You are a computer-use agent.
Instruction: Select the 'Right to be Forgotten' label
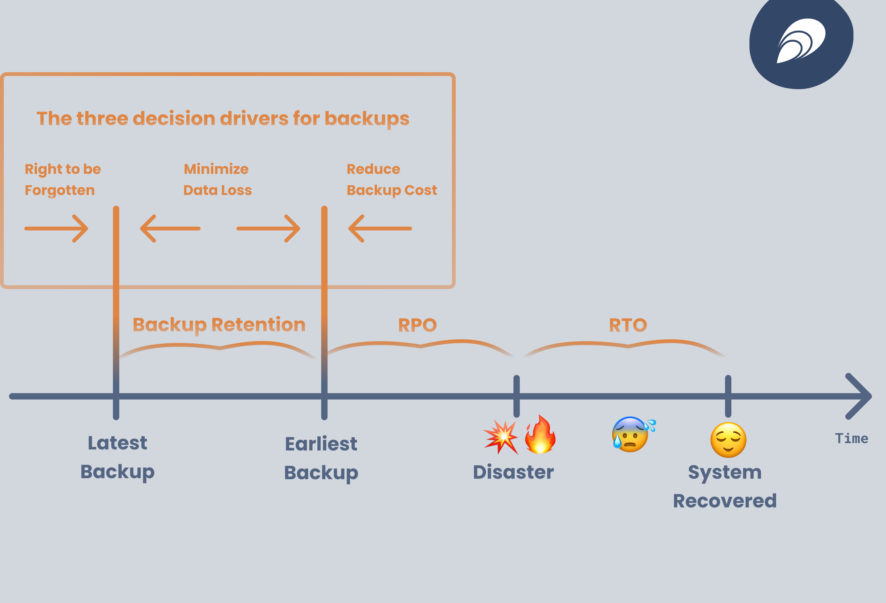pos(63,179)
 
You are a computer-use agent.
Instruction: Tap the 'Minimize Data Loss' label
pos(217,179)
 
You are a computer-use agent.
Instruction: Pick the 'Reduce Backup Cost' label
pos(392,179)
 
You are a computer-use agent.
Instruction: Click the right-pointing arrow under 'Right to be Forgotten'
pos(56,228)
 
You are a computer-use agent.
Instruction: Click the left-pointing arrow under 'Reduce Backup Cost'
pos(380,228)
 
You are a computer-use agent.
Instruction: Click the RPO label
pos(418,325)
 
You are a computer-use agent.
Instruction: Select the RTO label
pos(628,325)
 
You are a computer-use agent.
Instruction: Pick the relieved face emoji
pos(728,440)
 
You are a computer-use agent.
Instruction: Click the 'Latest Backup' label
pos(117,457)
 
